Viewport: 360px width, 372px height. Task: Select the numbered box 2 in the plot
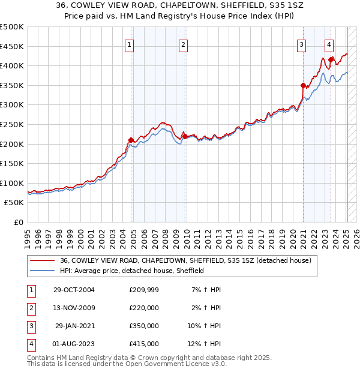183,44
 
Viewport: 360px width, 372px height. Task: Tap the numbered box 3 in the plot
302,44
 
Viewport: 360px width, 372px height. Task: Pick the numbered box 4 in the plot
329,44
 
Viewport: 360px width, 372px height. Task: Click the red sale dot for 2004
131,140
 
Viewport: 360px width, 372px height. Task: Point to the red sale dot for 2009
185,136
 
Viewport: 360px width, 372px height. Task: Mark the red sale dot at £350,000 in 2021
303,85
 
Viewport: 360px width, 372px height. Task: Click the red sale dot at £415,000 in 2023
331,59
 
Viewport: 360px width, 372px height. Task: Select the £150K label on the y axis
12,163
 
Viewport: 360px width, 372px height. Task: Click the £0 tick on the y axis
17,222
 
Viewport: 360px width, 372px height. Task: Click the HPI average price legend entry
132,271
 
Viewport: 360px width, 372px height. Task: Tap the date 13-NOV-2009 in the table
74,308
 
